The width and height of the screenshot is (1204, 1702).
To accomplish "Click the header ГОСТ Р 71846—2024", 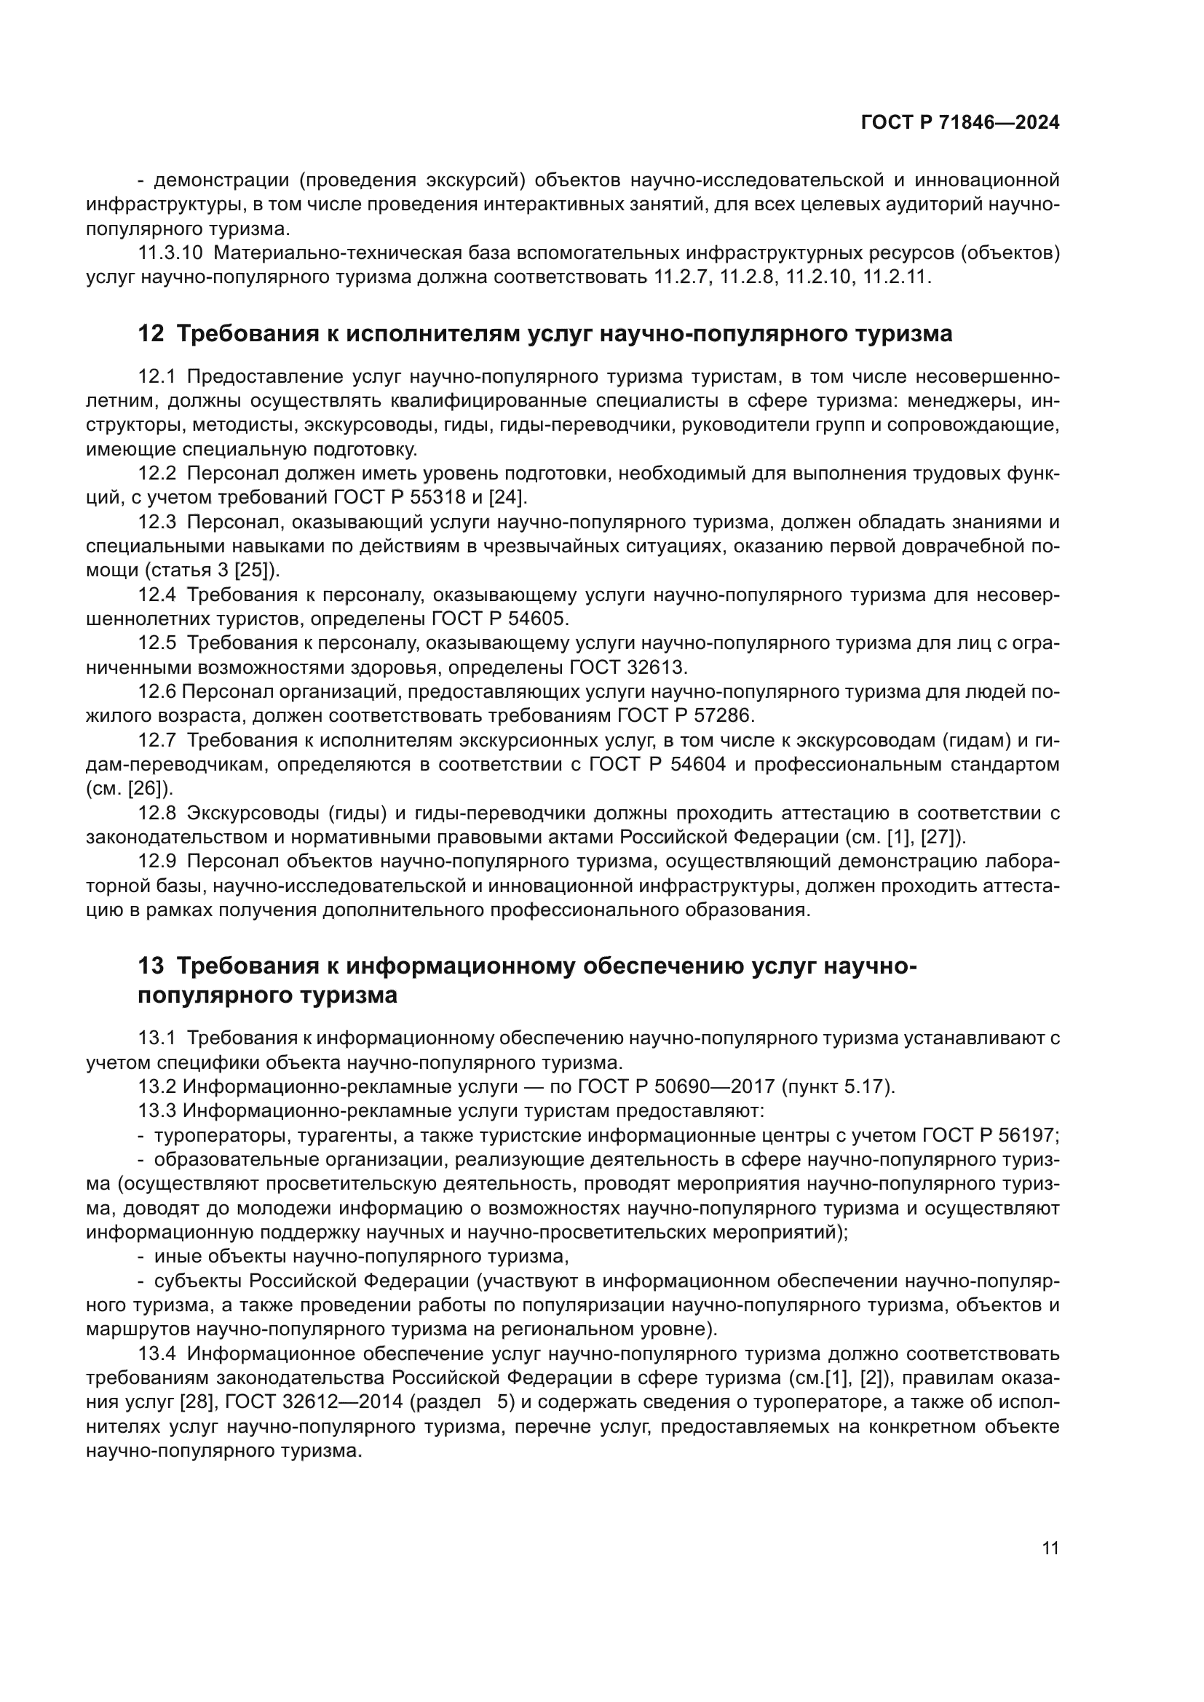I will click(x=959, y=123).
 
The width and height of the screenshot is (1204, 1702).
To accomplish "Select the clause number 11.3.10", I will click(x=170, y=253).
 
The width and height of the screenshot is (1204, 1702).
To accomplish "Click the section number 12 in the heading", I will click(x=151, y=334).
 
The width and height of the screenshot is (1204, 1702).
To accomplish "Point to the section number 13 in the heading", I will click(x=151, y=967).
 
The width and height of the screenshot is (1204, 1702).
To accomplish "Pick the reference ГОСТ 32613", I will click(x=627, y=667).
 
